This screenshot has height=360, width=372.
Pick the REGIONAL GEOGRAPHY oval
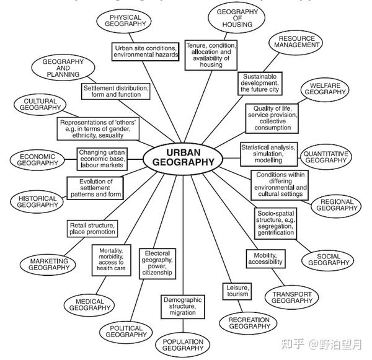(x=335, y=205)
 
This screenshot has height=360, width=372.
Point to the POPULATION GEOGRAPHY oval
(x=182, y=345)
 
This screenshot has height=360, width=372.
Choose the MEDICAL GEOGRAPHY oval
(x=90, y=304)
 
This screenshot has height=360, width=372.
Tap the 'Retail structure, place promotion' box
(x=92, y=228)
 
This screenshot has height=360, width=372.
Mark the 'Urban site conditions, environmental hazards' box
(x=146, y=51)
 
